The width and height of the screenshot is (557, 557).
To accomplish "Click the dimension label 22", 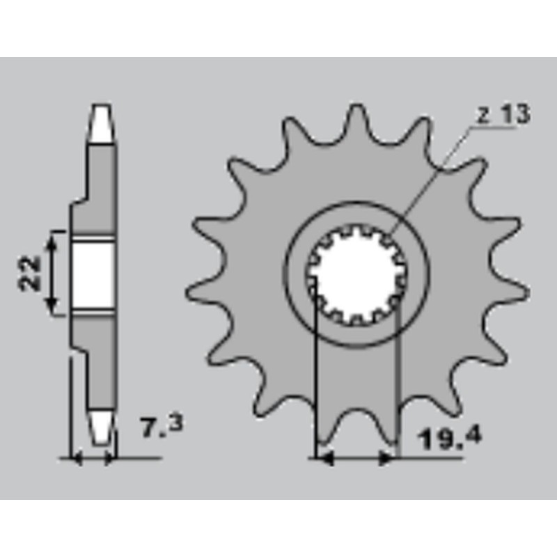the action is pyautogui.click(x=29, y=273).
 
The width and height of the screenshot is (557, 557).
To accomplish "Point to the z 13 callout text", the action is pyautogui.click(x=503, y=115).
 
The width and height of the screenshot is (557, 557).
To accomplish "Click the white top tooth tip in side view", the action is pyautogui.click(x=101, y=123).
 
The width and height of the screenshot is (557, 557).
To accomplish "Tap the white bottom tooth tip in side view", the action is pyautogui.click(x=102, y=428).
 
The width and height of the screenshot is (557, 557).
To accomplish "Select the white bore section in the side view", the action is pyautogui.click(x=93, y=274).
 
